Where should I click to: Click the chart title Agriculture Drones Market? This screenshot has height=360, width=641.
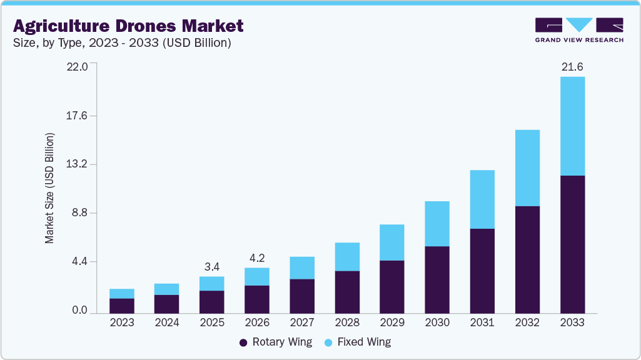(128, 26)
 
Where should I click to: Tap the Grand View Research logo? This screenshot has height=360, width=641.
(578, 30)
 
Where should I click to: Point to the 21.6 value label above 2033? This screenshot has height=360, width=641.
(572, 67)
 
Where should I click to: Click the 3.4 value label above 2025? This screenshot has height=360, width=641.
(212, 267)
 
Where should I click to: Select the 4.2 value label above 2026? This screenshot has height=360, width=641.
(257, 258)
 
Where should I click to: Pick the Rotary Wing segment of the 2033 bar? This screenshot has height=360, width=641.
(572, 244)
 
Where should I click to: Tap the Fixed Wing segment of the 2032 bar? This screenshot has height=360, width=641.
(527, 168)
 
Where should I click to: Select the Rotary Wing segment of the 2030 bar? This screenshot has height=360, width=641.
(437, 280)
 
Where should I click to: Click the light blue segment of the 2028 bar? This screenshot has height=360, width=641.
(347, 257)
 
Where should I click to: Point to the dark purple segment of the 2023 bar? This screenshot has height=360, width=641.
(122, 306)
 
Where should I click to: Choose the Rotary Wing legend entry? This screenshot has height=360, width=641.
(276, 342)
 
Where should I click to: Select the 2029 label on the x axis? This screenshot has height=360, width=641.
(392, 322)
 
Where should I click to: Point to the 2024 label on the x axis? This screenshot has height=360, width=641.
(167, 322)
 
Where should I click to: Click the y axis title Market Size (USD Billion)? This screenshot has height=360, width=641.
(49, 188)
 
